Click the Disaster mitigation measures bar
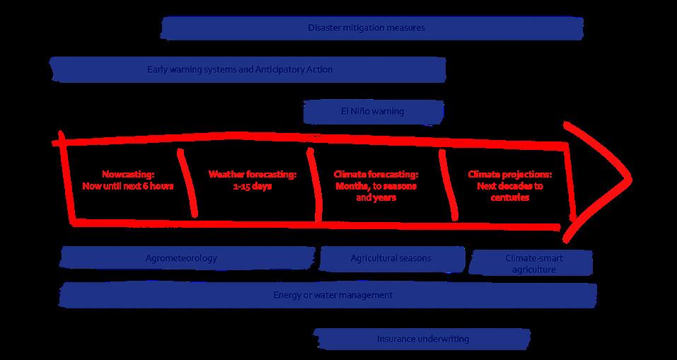372,28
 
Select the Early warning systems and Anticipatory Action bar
248,69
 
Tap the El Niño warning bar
373,112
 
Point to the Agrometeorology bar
187,258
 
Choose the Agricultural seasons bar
391,258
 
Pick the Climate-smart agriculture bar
531,263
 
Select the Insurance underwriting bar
422,339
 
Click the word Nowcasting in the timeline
127,174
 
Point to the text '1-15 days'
253,186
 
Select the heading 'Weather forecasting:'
253,174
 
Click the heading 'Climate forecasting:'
376,174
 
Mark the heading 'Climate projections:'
510,174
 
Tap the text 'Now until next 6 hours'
127,186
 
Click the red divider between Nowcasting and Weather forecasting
190,182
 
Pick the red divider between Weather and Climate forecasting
313,184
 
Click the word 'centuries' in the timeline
510,198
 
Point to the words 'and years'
376,198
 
